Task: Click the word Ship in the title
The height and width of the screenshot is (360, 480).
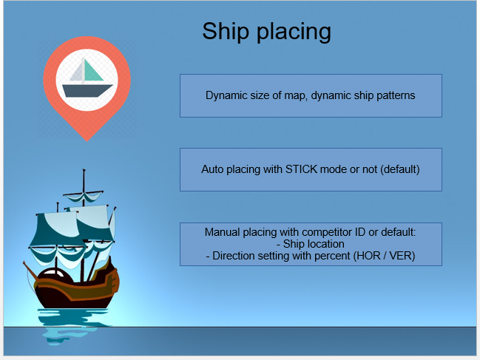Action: coord(226,31)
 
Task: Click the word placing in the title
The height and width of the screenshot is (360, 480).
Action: coord(294,33)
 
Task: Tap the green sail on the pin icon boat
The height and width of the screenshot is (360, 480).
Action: coord(92,71)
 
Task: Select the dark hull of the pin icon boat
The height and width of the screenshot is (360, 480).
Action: coord(87,91)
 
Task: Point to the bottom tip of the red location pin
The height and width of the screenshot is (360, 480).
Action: coord(87,141)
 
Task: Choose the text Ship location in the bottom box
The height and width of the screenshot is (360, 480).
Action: coord(314,244)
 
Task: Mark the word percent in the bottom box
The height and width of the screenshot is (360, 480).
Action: coord(332,256)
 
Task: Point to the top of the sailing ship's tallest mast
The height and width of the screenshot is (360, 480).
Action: coord(84,169)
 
